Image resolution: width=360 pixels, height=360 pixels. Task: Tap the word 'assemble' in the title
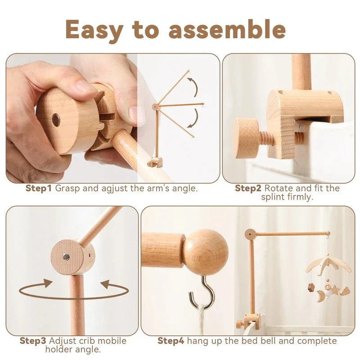pyautogui.click(x=227, y=30)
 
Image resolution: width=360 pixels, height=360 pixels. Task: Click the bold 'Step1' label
pyautogui.click(x=39, y=189)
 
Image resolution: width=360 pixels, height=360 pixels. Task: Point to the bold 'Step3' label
pyautogui.click(x=33, y=341)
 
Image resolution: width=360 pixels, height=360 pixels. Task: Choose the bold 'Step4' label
pyautogui.click(x=171, y=341)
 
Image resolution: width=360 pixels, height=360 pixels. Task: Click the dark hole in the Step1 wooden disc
pyautogui.click(x=56, y=120)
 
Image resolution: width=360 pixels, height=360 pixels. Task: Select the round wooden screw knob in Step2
pyautogui.click(x=247, y=138)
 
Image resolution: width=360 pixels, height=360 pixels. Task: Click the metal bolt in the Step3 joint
pyautogui.click(x=66, y=257)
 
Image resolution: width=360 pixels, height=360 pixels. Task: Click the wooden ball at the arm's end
pyautogui.click(x=207, y=252)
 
